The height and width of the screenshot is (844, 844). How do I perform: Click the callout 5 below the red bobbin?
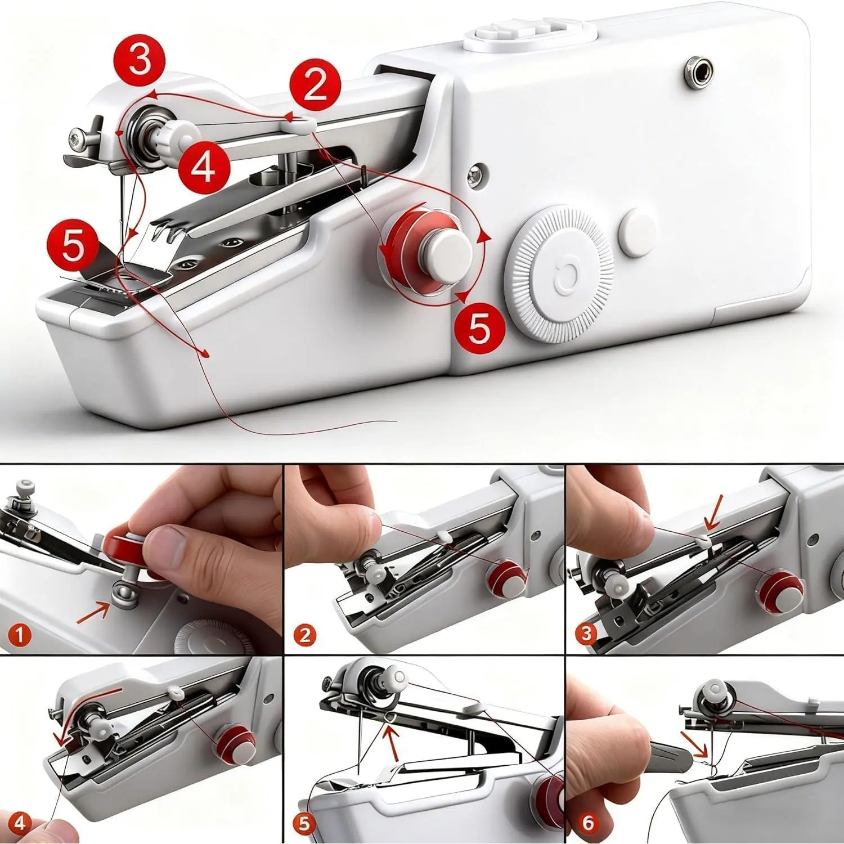pyautogui.click(x=479, y=329)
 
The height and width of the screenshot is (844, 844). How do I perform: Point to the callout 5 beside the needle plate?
pyautogui.click(x=73, y=246)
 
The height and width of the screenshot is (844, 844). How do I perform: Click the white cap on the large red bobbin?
pyautogui.click(x=448, y=245)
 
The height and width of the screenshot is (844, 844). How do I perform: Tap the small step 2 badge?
pyautogui.click(x=305, y=635)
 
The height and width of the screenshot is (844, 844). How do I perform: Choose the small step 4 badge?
pyautogui.click(x=20, y=824)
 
